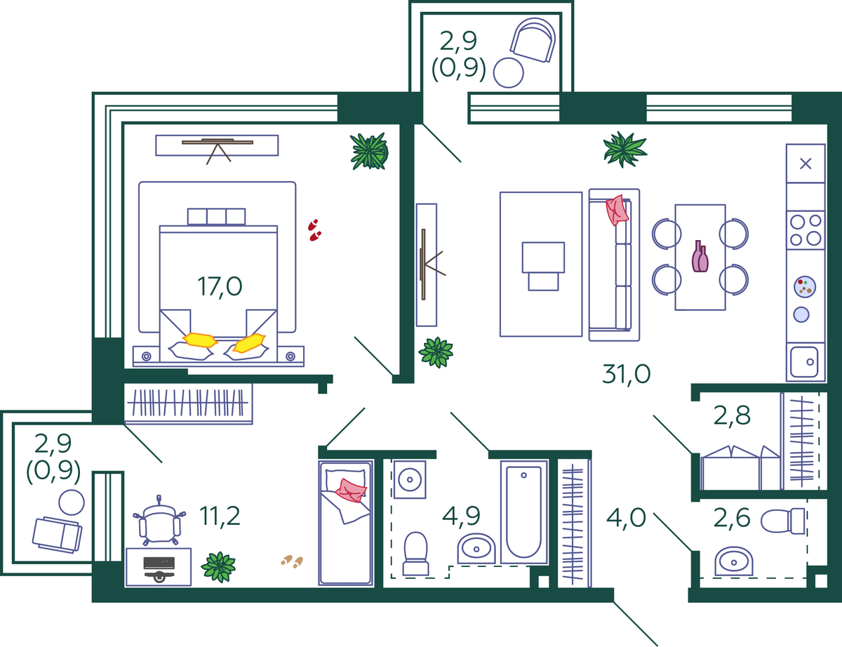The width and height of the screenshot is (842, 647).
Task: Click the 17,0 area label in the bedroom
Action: [220, 287]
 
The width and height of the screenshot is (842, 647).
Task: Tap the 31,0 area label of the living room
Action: [626, 374]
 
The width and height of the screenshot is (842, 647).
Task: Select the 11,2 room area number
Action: [220, 516]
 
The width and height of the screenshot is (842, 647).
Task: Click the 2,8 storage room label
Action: [732, 416]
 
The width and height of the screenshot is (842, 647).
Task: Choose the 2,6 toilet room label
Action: [732, 518]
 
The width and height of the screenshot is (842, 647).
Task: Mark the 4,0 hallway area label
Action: [626, 518]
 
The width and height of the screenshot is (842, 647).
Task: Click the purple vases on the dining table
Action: [700, 256]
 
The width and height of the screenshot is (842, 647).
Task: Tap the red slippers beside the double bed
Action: [314, 230]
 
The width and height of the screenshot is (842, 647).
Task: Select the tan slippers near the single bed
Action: [292, 561]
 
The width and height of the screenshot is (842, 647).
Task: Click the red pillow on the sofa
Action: [617, 210]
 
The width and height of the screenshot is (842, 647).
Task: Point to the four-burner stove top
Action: [806, 230]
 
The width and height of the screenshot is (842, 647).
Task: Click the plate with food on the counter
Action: [805, 287]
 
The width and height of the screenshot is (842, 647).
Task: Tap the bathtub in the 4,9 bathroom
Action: [524, 512]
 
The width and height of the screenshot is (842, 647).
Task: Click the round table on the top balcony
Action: [509, 73]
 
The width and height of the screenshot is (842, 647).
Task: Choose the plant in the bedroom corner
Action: [369, 151]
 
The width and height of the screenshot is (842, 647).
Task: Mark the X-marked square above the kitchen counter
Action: [806, 164]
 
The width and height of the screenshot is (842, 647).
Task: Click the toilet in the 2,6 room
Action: [783, 521]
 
